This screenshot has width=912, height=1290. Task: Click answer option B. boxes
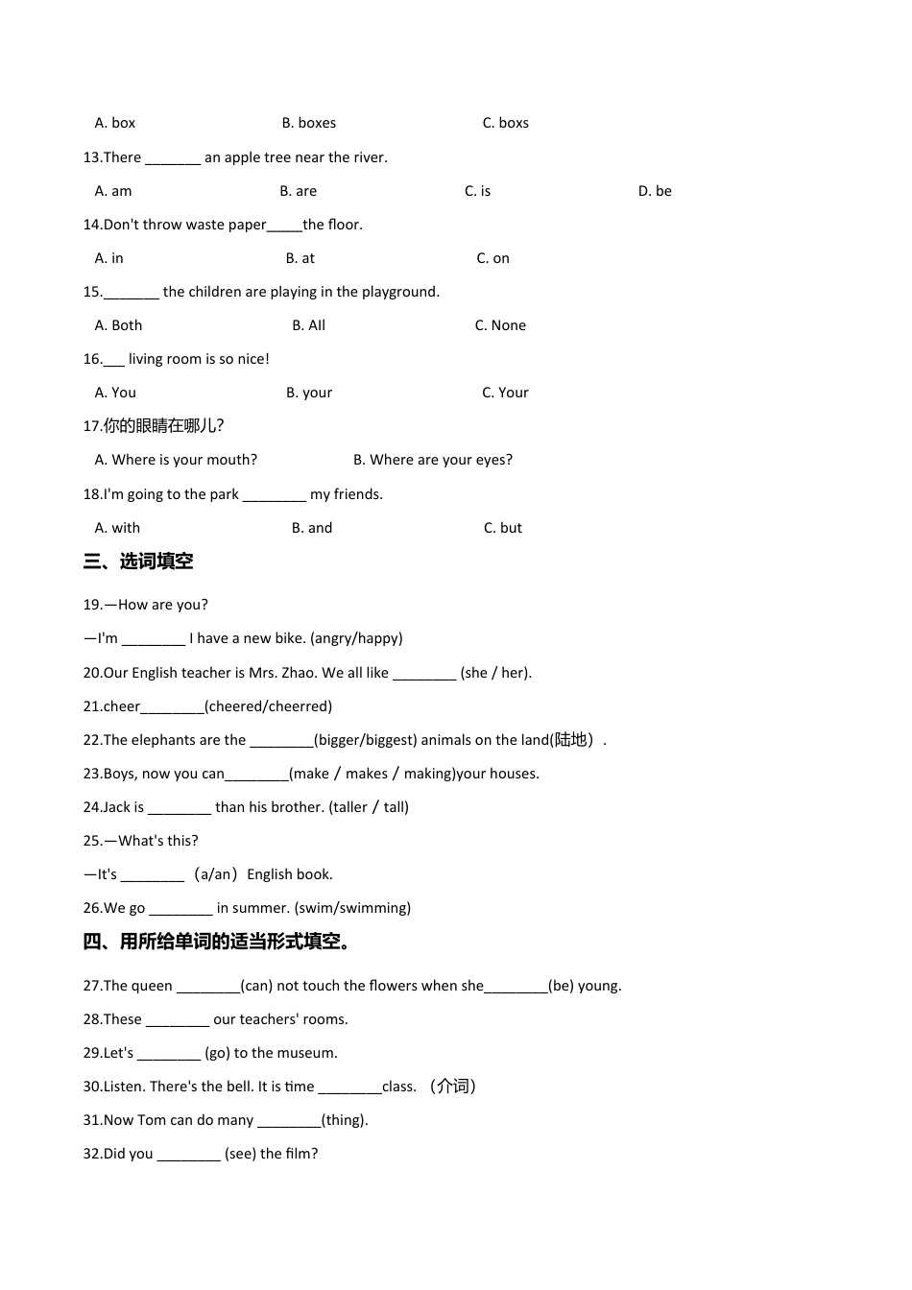tap(308, 123)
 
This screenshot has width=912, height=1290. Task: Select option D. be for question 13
tap(655, 191)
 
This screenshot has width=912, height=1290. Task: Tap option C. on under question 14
tap(492, 258)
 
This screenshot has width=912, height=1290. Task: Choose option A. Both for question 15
tap(118, 325)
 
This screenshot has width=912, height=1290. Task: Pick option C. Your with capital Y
tap(505, 393)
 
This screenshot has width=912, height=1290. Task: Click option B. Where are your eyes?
tap(432, 460)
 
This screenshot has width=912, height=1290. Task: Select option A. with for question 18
tap(117, 528)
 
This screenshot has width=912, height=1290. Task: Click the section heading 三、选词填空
tap(138, 561)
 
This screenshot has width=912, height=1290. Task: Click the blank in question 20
tap(424, 674)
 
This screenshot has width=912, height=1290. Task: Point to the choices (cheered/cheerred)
tap(268, 706)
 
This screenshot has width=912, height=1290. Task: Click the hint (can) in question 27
tap(256, 986)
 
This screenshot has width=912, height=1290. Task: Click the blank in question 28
tap(178, 1020)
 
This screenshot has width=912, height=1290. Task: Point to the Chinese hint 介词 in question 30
tap(453, 1087)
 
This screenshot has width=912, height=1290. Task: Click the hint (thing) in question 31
tap(345, 1120)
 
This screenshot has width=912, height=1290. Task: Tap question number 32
tap(92, 1154)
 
